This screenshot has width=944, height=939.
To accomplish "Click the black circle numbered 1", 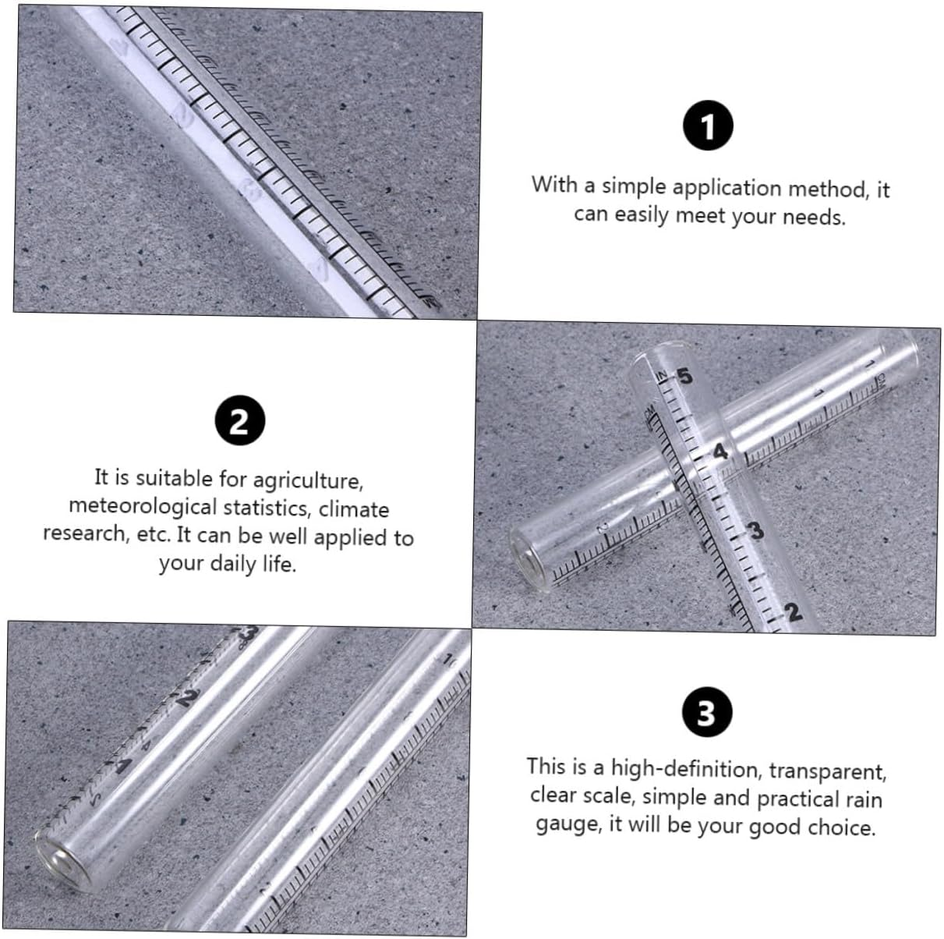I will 708,127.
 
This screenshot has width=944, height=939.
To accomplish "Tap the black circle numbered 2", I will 239,421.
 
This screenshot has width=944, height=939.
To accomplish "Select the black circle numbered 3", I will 706,714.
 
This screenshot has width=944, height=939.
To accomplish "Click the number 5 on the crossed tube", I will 684,377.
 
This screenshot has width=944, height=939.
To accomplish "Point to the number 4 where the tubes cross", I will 719,451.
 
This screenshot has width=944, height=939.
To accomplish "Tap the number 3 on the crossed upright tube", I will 755,531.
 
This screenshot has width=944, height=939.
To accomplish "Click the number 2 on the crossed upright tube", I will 792,612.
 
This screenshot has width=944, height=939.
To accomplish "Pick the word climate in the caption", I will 353,508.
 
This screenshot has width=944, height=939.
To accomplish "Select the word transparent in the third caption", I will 828,771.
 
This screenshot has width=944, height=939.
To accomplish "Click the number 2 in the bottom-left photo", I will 184,697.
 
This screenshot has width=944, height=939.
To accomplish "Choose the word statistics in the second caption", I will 266,508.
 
